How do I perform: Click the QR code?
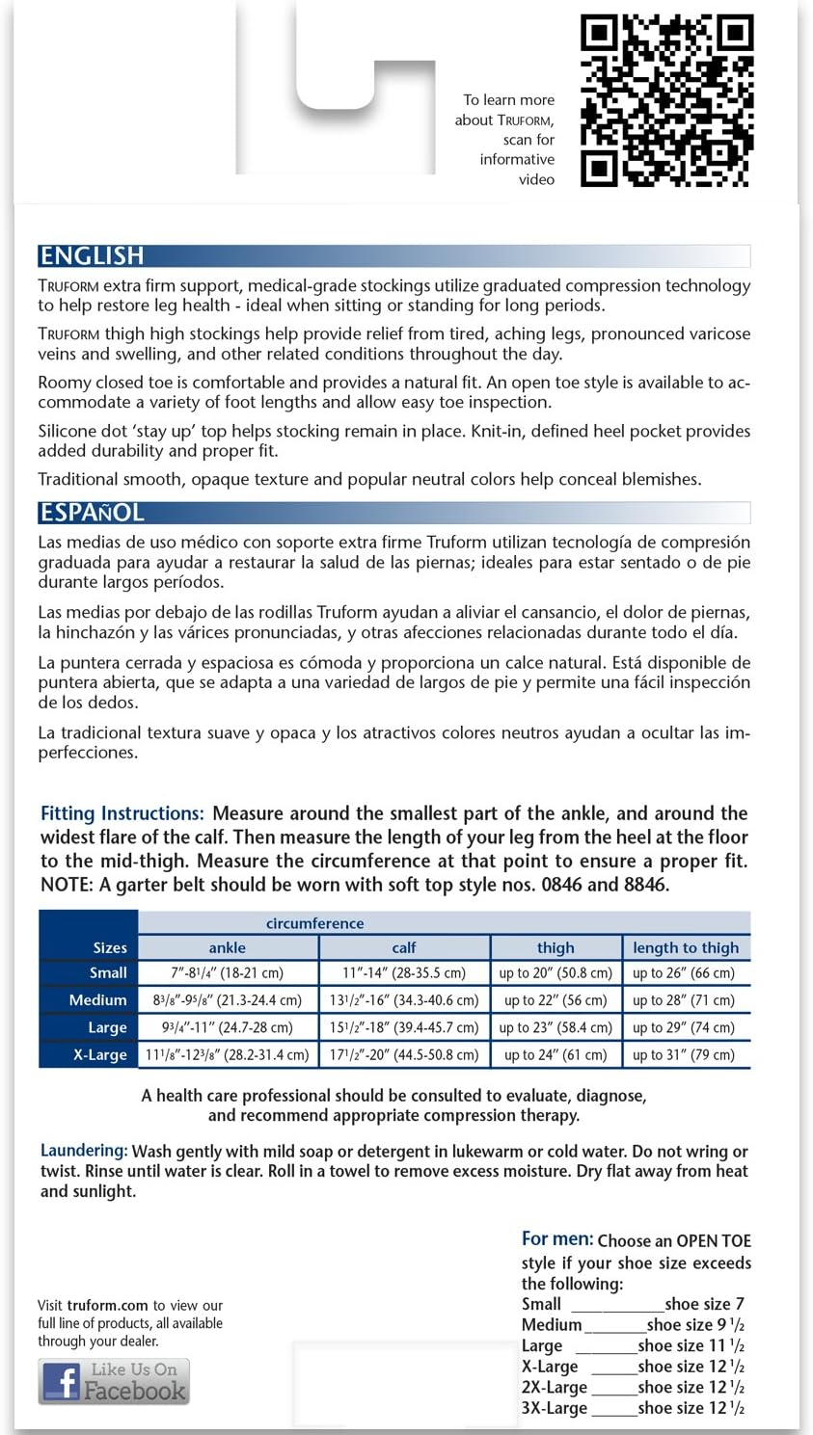pyautogui.click(x=665, y=101)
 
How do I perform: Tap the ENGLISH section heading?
pyautogui.click(x=92, y=255)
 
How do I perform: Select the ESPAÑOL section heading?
pyautogui.click(x=92, y=512)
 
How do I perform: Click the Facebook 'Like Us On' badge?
pyautogui.click(x=114, y=1381)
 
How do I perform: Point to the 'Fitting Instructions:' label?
pyautogui.click(x=122, y=813)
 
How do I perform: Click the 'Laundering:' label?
pyautogui.click(x=84, y=1150)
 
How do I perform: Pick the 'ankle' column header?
pyautogui.click(x=227, y=947)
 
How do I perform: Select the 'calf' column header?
pyautogui.click(x=404, y=947)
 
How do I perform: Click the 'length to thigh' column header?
pyautogui.click(x=685, y=947)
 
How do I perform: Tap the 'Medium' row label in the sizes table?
pyautogui.click(x=97, y=1000)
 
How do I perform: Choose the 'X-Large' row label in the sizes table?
pyautogui.click(x=99, y=1054)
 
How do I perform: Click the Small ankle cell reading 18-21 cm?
pyautogui.click(x=227, y=973)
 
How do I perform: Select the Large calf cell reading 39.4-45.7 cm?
pyautogui.click(x=404, y=1027)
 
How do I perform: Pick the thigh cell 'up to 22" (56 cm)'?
pyautogui.click(x=556, y=1000)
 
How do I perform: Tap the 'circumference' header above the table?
pyautogui.click(x=314, y=923)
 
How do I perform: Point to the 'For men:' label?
pyautogui.click(x=557, y=1239)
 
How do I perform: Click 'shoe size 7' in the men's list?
pyautogui.click(x=704, y=1304)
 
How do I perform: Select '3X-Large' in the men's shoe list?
pyautogui.click(x=555, y=1408)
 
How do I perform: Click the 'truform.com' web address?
pyautogui.click(x=108, y=1306)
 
